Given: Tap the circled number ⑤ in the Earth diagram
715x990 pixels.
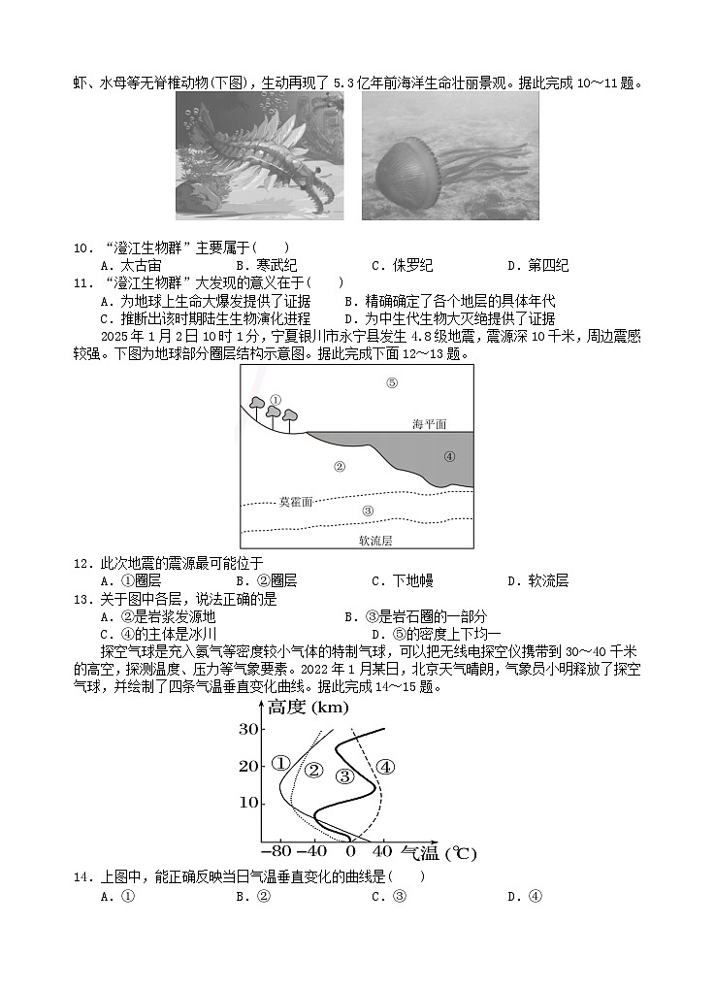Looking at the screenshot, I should [392, 382].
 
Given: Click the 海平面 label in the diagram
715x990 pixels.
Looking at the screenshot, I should [429, 424].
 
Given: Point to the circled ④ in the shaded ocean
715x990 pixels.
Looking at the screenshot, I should [449, 456].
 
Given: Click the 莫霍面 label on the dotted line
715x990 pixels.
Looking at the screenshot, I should [296, 502].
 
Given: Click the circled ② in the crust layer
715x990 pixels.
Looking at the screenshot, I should [340, 467].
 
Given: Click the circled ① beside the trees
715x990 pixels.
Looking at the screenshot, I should [275, 399].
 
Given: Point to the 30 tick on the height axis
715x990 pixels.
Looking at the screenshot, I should [246, 729].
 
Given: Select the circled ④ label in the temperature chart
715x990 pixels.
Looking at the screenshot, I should [385, 767].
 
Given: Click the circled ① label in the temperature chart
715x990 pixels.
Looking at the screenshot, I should [281, 764].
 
